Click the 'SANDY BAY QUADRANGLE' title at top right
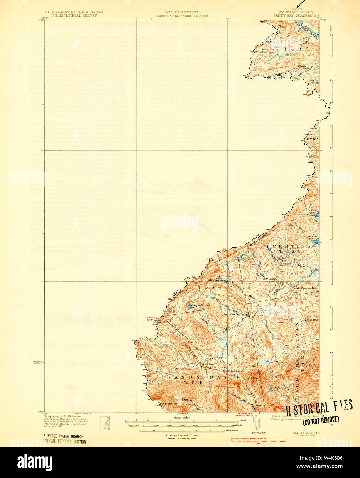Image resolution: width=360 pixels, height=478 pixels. coord(297,15)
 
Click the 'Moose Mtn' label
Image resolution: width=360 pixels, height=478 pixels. coord(311,320)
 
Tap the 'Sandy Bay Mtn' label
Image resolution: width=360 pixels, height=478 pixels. coord(168,403)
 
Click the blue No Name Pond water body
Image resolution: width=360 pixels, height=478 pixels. coord(270,390)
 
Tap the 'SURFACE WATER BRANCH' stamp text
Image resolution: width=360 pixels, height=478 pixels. coord(63,437)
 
